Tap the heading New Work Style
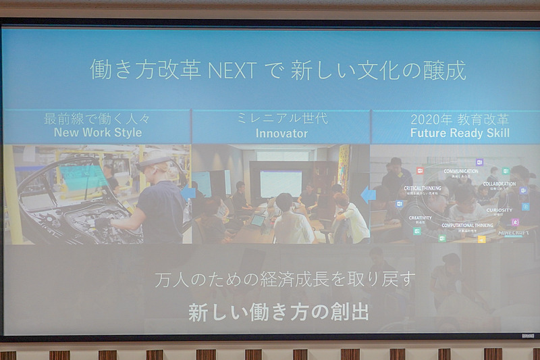click(98, 132)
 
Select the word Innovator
click(281, 133)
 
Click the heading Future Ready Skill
click(460, 133)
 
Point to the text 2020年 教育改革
click(460, 119)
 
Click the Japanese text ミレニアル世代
click(281, 118)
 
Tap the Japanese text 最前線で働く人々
click(97, 118)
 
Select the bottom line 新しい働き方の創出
click(277, 313)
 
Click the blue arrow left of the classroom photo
click(368, 196)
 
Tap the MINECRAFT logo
click(513, 233)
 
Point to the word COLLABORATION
click(499, 184)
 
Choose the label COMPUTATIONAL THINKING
click(467, 226)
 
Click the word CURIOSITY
click(499, 210)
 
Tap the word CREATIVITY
click(420, 218)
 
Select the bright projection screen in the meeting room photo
click(280, 183)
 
